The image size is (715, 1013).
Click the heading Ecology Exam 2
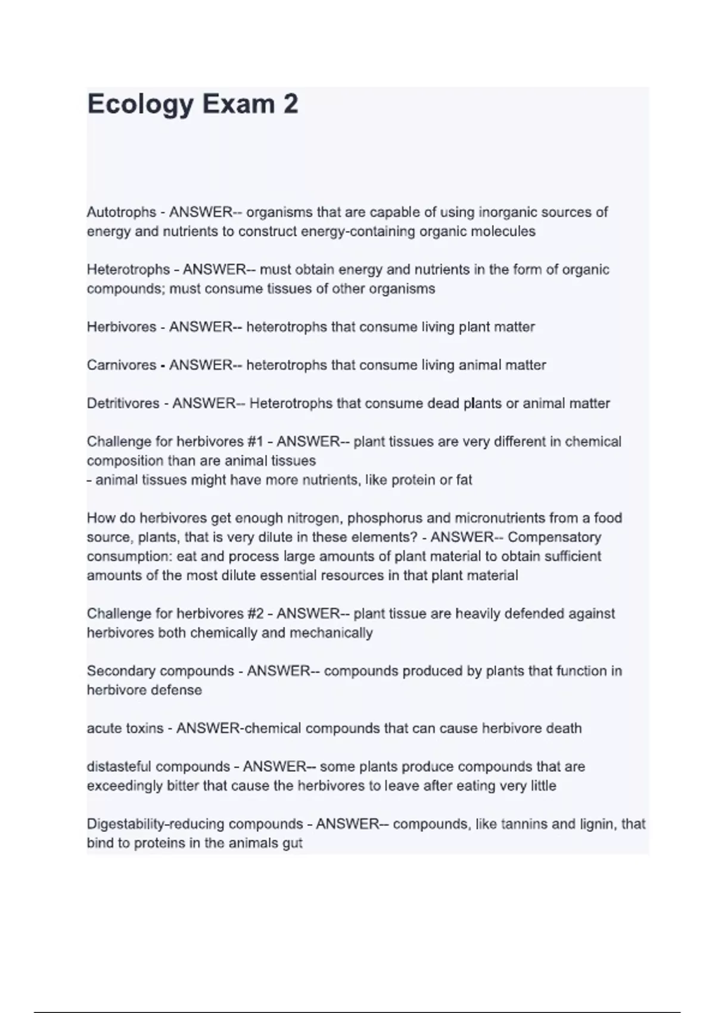click(192, 105)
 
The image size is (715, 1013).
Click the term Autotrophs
click(122, 212)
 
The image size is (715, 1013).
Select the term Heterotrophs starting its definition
click(128, 269)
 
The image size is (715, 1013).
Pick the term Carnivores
click(121, 365)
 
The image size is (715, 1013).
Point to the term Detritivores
click(123, 403)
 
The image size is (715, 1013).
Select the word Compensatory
click(554, 537)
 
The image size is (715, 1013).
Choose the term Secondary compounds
click(160, 671)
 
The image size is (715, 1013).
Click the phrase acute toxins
click(125, 728)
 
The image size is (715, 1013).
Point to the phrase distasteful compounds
click(158, 766)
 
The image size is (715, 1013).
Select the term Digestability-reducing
click(156, 824)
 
